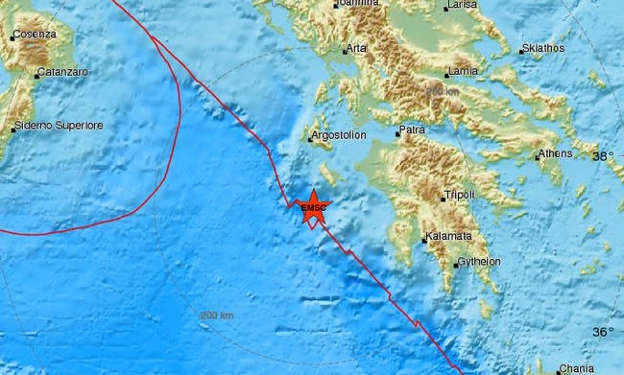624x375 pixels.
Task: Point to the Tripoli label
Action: point(460,196)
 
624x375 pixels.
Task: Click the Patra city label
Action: point(413,128)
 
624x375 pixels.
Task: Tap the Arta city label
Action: point(356,48)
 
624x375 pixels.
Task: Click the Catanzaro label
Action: point(63,73)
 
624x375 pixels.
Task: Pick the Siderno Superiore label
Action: point(60,126)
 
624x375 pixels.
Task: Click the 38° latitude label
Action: point(602,156)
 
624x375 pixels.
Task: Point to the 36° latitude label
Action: point(602,332)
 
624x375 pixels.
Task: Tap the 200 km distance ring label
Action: point(216,315)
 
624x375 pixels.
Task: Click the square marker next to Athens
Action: point(536,156)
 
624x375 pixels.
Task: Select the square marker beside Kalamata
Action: point(424,238)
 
